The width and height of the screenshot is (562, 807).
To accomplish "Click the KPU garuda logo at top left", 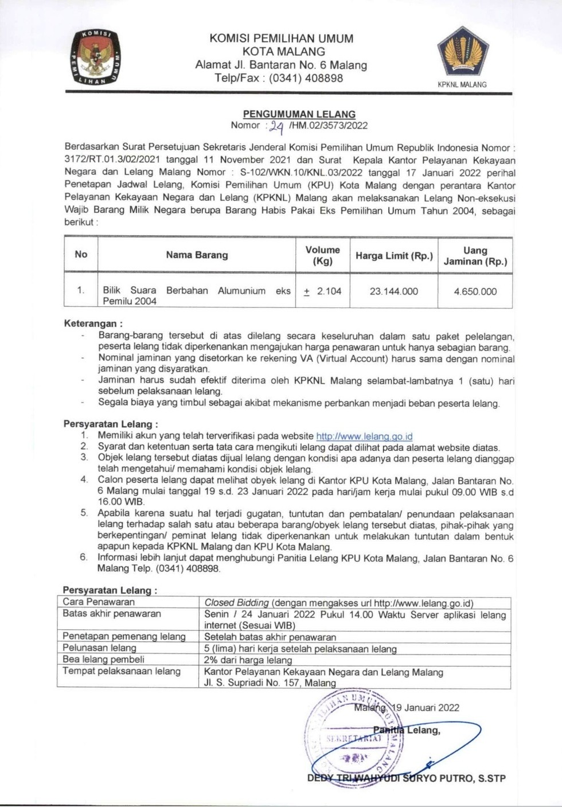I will point(95,58).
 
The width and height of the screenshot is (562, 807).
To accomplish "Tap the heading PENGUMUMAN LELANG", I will point(299,114).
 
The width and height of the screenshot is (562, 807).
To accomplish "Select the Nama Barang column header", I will point(197,255).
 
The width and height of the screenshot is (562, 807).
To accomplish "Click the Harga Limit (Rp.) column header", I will point(394,256).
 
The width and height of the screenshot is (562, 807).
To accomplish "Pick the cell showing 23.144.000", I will point(394,291).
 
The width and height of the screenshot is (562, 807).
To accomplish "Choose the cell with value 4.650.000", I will point(475,291).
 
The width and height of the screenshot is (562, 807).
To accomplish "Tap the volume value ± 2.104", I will point(322,291).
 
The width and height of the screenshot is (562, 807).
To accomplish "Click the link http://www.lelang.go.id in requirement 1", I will point(365,436).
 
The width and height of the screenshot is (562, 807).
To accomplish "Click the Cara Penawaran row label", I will point(99,602).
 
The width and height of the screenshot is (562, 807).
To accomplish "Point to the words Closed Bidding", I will point(237,603).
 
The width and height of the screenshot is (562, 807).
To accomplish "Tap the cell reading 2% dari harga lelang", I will point(248,660).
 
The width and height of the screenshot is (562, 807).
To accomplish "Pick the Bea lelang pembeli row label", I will point(104,660).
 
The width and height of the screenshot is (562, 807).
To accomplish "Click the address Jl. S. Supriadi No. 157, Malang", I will point(270,683).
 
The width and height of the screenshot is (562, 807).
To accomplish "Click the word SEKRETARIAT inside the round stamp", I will point(354,738).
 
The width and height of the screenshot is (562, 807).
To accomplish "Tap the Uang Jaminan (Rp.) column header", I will point(475,256).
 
